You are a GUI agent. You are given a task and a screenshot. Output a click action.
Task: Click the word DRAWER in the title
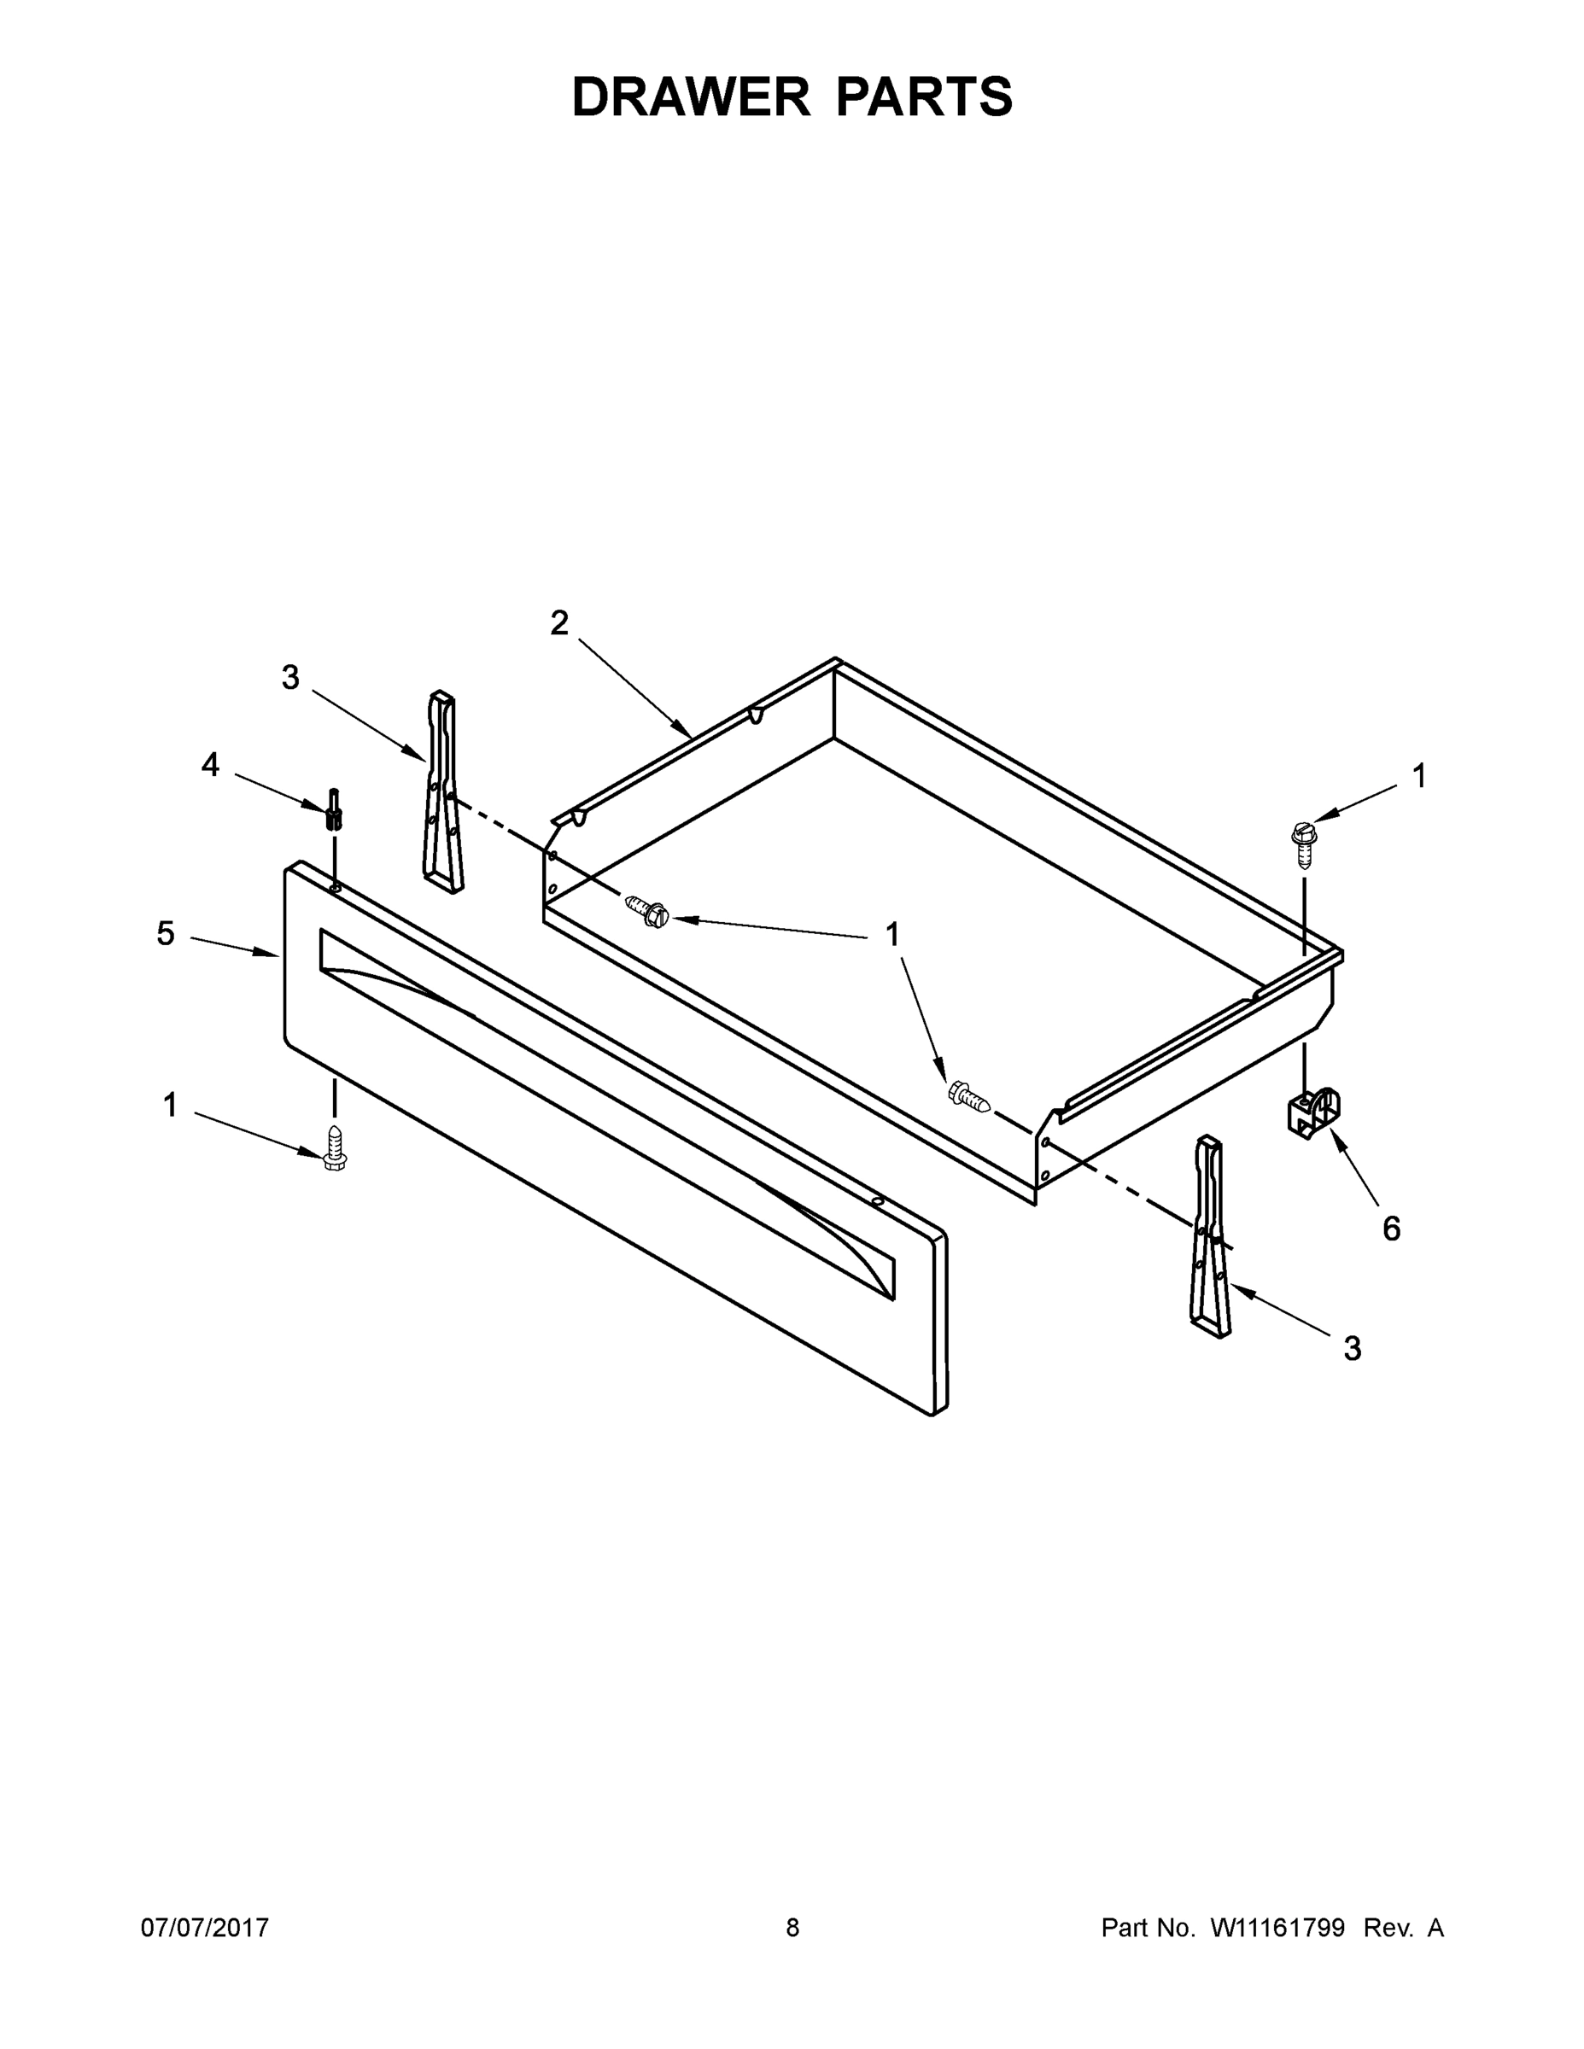(690, 97)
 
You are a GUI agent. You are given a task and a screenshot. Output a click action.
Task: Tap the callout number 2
(559, 623)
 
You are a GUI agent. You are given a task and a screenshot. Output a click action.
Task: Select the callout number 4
(210, 765)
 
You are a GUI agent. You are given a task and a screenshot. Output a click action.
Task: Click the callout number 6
(1392, 1229)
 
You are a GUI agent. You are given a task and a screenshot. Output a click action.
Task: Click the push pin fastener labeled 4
(333, 809)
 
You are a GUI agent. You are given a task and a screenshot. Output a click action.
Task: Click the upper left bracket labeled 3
(443, 793)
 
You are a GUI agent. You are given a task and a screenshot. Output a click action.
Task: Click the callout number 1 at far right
(1420, 776)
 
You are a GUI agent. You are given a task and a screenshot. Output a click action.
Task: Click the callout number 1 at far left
(170, 1106)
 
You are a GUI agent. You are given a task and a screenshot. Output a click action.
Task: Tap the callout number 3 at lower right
(1353, 1349)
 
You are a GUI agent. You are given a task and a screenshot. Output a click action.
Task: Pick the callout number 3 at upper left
(290, 677)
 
